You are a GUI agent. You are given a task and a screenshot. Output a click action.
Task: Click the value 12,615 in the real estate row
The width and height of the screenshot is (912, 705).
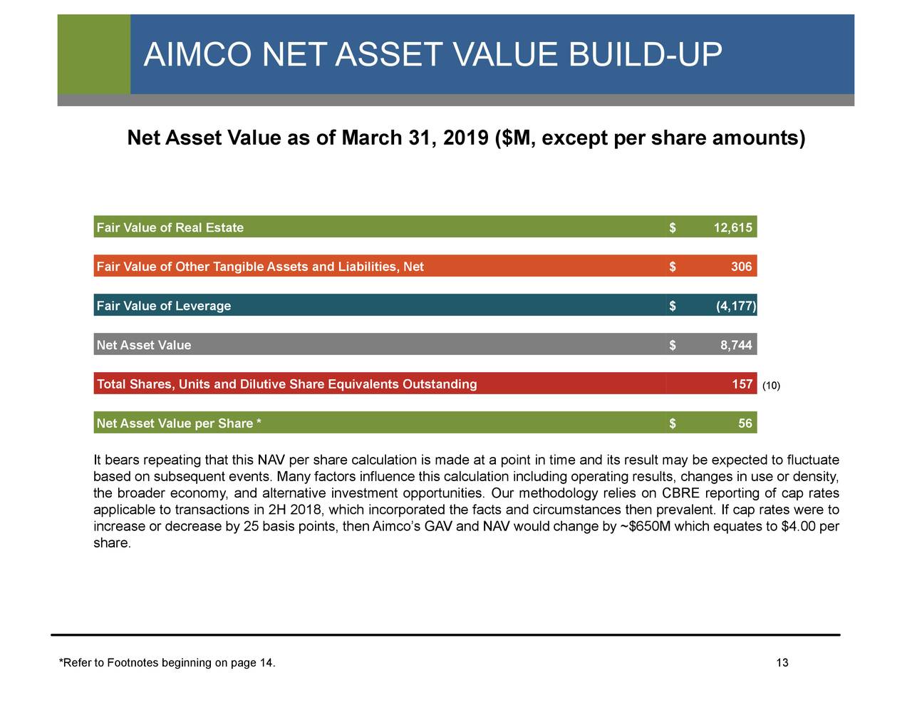[x=732, y=228]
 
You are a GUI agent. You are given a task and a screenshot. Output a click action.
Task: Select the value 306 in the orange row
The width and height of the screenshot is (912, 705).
[x=741, y=267]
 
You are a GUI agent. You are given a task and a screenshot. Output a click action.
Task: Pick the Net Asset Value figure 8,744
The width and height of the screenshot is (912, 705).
[x=736, y=346]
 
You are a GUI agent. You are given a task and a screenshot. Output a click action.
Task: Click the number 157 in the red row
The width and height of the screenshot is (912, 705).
[x=742, y=385]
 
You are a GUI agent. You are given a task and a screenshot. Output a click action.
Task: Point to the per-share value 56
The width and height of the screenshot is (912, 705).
[x=745, y=424]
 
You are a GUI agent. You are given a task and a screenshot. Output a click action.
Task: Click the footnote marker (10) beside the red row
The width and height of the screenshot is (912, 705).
[x=771, y=386]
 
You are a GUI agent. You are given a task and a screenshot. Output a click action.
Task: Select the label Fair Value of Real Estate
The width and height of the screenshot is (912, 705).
[x=170, y=228]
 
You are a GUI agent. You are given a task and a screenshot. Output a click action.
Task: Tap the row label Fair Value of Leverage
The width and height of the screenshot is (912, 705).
[x=163, y=307]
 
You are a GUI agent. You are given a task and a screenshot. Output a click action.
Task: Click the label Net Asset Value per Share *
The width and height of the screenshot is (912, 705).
[x=178, y=424]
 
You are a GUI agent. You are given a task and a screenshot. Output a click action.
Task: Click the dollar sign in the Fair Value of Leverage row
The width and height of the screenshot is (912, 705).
[x=672, y=307]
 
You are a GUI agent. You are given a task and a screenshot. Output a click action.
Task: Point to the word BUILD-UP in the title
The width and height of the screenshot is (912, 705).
[x=645, y=55]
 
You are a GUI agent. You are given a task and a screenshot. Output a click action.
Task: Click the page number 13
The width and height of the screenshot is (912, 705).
[x=782, y=664]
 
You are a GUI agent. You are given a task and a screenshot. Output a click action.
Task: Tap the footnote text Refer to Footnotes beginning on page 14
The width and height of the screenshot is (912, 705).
[x=167, y=664]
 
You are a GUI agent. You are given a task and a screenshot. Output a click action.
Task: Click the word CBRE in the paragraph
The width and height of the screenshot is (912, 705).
[x=680, y=494]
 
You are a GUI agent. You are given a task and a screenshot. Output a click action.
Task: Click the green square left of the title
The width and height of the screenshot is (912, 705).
[x=93, y=54]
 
